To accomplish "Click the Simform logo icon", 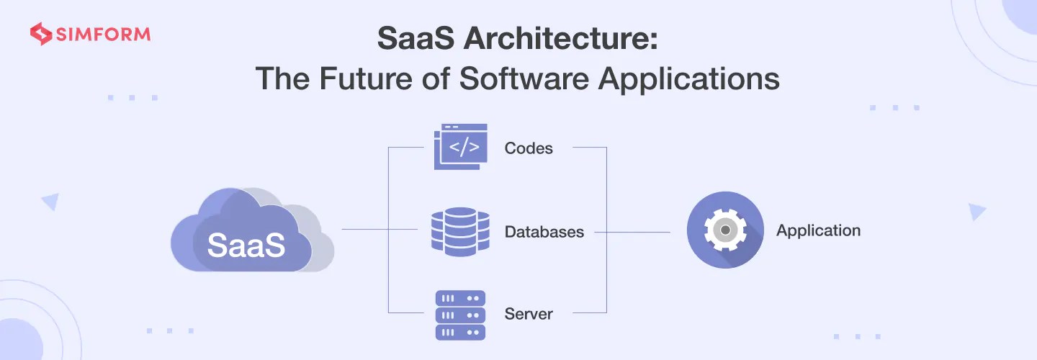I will point(40,35).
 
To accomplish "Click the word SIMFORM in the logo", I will point(101,35).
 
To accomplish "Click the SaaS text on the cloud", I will point(246,245).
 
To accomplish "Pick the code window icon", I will point(461,147).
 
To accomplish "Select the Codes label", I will point(529,148).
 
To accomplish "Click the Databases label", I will point(544,232).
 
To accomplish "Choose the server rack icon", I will point(460,315).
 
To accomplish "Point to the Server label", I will point(529,314).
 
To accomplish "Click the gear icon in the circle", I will point(724,230).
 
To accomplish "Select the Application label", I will point(818,230).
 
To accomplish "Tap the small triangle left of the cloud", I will point(50,202).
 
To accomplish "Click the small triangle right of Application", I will point(977,211).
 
